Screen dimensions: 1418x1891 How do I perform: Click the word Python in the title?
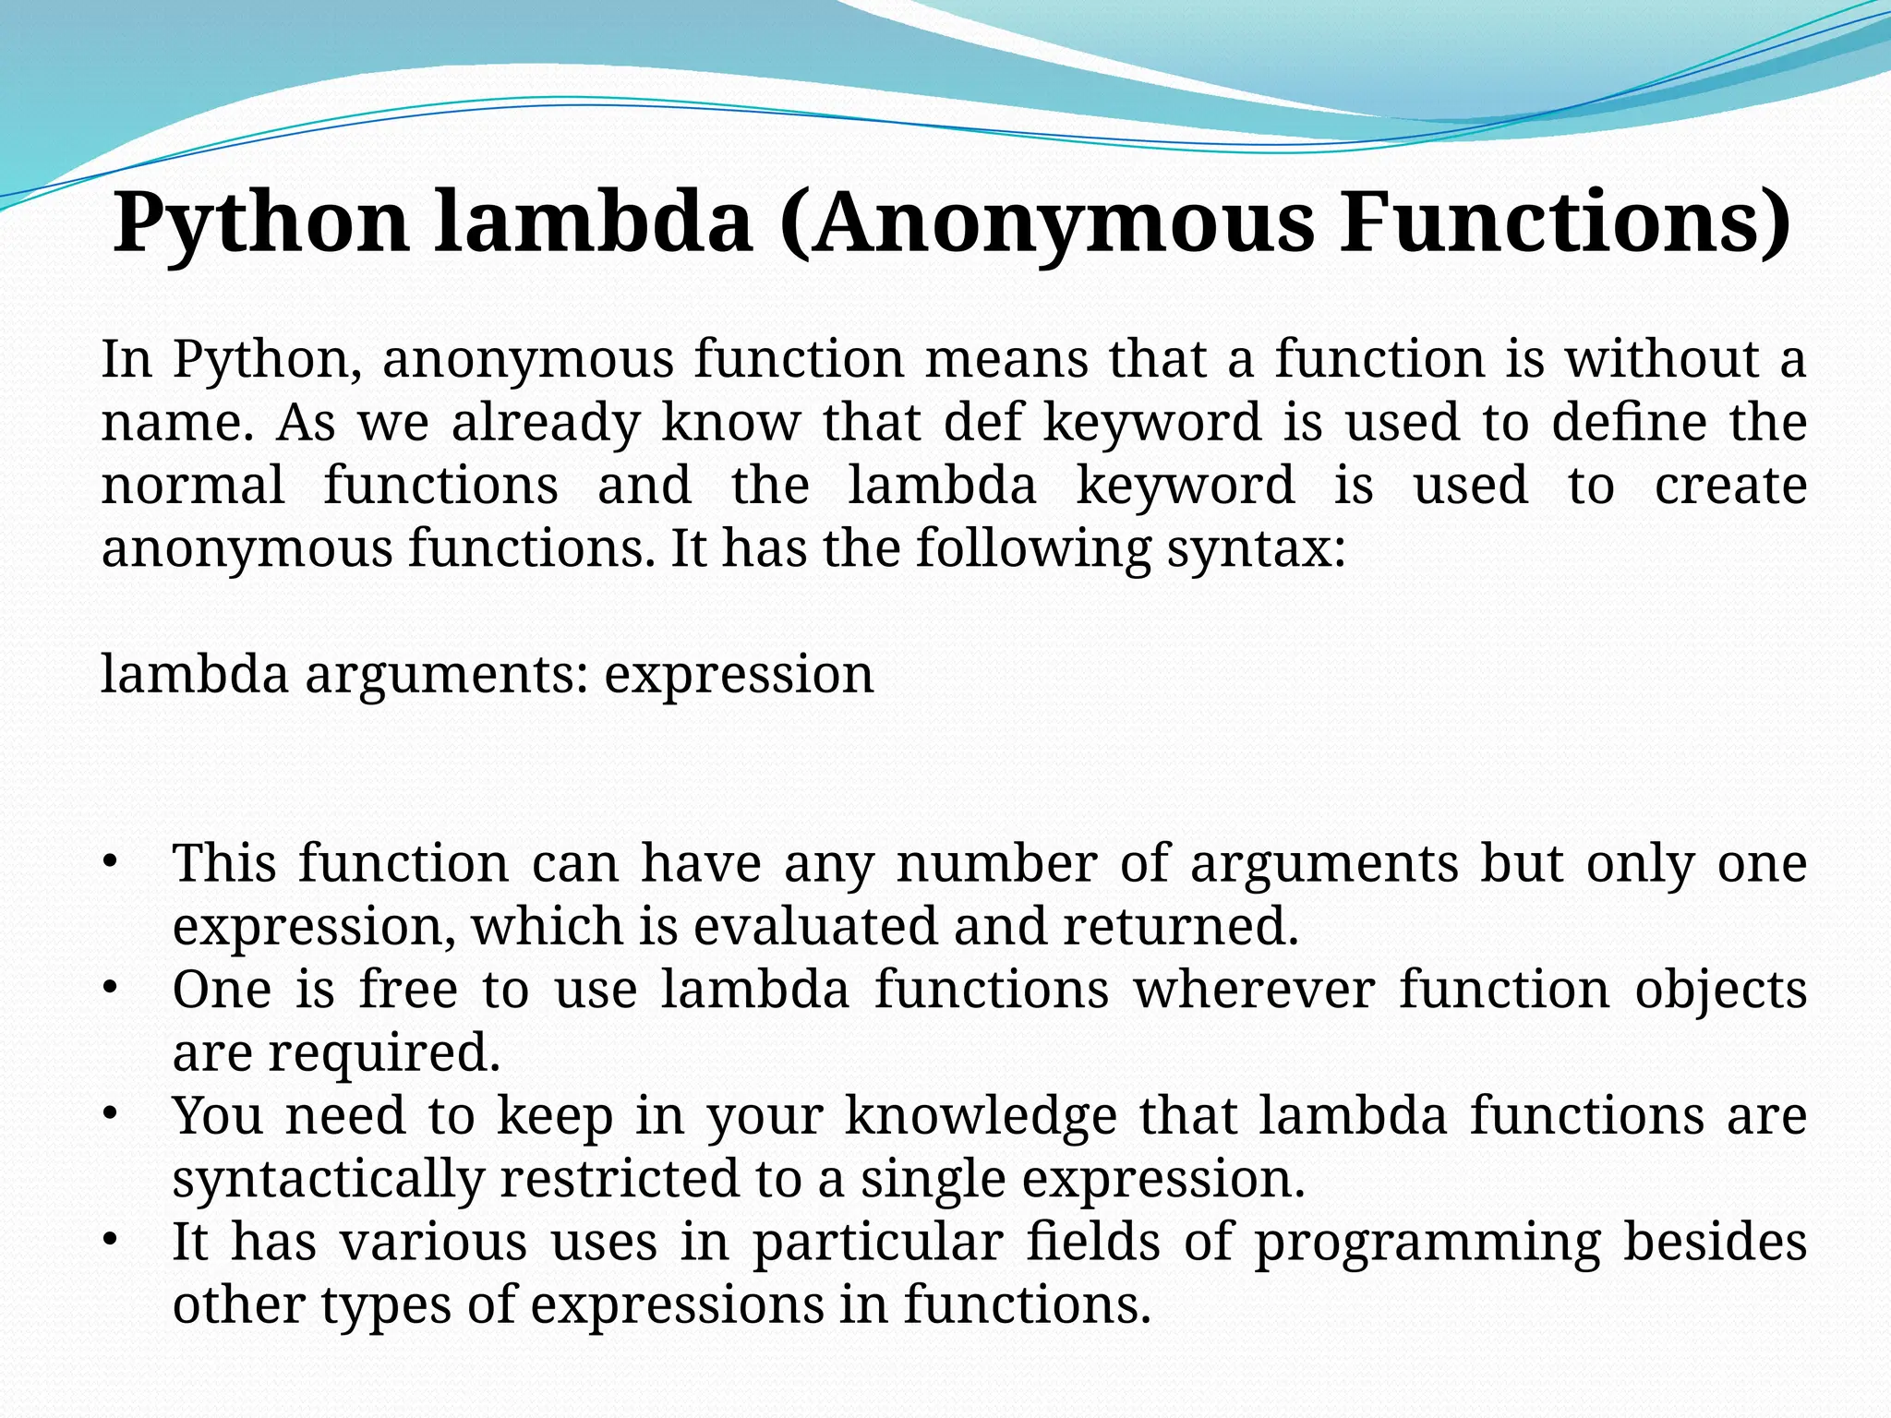pyautogui.click(x=261, y=224)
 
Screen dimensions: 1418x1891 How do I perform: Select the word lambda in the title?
pyautogui.click(x=593, y=224)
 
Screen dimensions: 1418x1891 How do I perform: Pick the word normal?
pyautogui.click(x=193, y=486)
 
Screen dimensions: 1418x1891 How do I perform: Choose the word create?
pyautogui.click(x=1729, y=486)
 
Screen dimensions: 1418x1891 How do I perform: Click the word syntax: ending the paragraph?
pyautogui.click(x=1256, y=549)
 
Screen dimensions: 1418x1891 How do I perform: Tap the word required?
pyautogui.click(x=384, y=1053)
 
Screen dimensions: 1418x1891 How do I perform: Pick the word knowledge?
pyautogui.click(x=981, y=1116)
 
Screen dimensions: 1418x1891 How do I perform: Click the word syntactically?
pyautogui.click(x=328, y=1180)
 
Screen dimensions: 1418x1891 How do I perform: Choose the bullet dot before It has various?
pyautogui.click(x=109, y=1242)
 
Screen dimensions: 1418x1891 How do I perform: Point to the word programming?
pyautogui.click(x=1427, y=1244)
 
